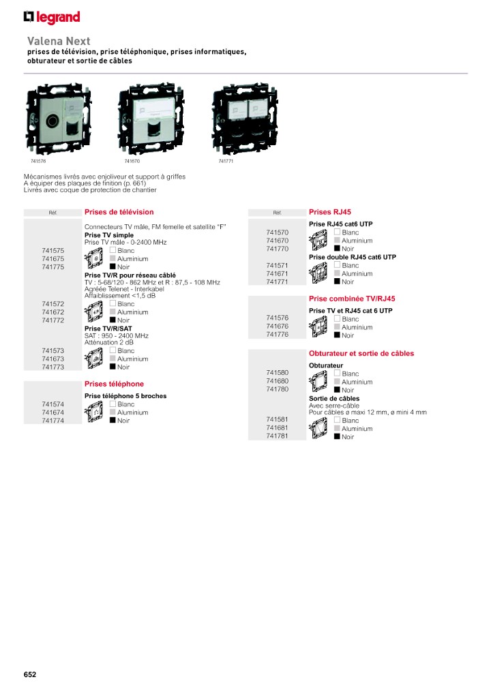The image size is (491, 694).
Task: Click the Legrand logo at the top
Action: click(52, 17)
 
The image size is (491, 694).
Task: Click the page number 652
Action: click(29, 674)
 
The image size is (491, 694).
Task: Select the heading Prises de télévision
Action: click(119, 212)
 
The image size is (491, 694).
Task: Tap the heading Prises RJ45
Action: click(330, 212)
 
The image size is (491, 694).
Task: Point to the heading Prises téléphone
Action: click(114, 384)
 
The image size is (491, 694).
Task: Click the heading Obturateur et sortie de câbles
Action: click(361, 354)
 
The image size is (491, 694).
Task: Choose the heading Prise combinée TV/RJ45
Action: click(352, 299)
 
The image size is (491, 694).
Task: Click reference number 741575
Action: click(53, 251)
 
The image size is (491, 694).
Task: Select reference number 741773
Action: click(53, 367)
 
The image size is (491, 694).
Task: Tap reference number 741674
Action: click(53, 412)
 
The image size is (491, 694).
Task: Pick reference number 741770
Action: click(278, 249)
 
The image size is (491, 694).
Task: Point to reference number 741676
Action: click(278, 327)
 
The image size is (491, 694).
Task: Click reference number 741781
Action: click(278, 436)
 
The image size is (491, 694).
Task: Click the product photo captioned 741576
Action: click(53, 120)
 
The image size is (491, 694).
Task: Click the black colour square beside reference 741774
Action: click(113, 421)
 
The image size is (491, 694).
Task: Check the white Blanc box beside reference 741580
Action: click(337, 374)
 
